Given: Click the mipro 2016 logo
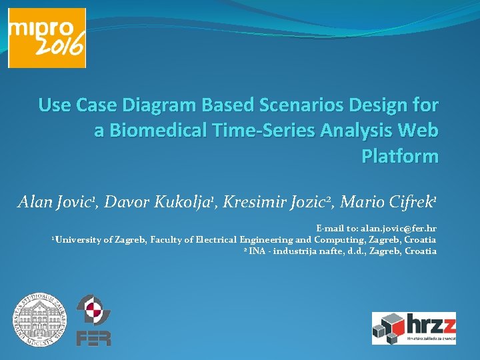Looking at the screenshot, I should tap(47, 38).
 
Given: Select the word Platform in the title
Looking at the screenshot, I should tap(399, 156).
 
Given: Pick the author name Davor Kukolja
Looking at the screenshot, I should tap(158, 201).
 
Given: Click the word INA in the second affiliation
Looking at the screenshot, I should tap(257, 251).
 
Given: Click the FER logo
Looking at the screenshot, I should tap(93, 321).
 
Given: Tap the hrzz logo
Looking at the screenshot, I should tap(413, 327).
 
